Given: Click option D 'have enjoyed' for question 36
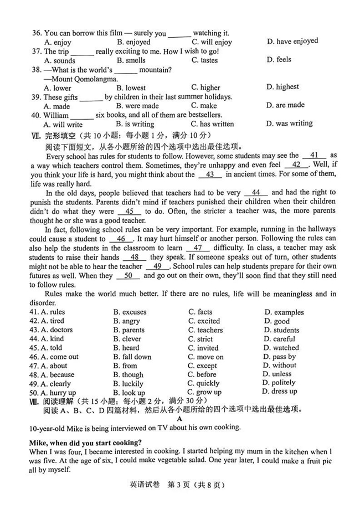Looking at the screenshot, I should (x=292, y=41).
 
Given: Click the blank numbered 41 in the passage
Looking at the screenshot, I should (x=314, y=156).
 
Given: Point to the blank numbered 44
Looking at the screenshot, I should (x=259, y=193).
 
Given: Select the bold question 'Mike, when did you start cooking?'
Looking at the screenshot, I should (x=85, y=442).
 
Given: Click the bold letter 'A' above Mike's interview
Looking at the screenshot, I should (x=180, y=419).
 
